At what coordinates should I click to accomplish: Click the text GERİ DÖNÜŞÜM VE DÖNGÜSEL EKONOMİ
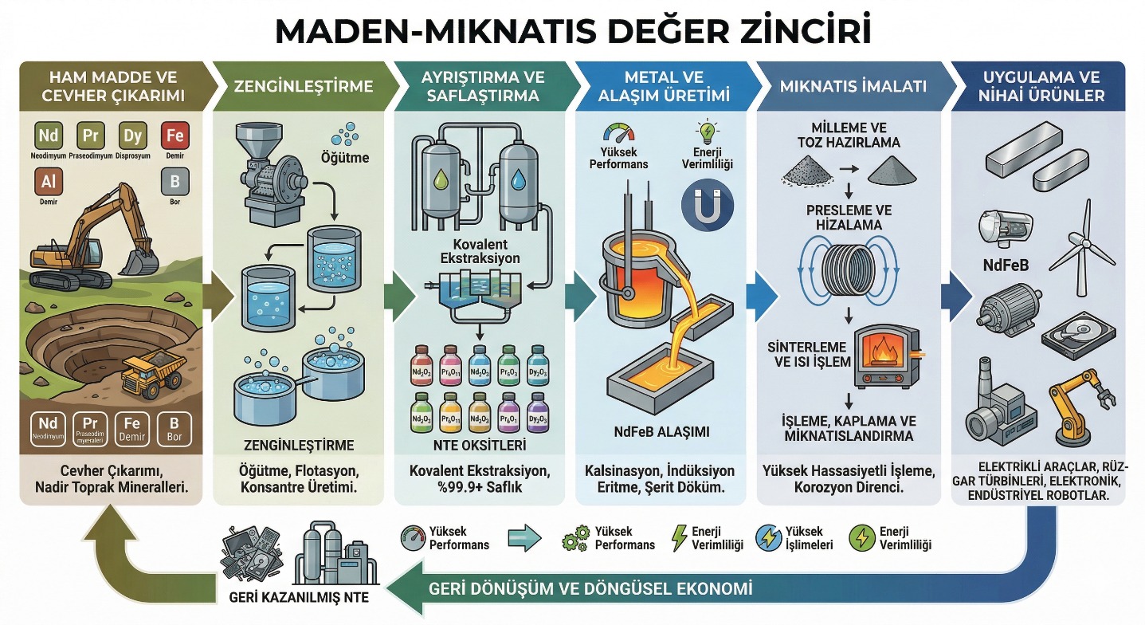tap(590, 591)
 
